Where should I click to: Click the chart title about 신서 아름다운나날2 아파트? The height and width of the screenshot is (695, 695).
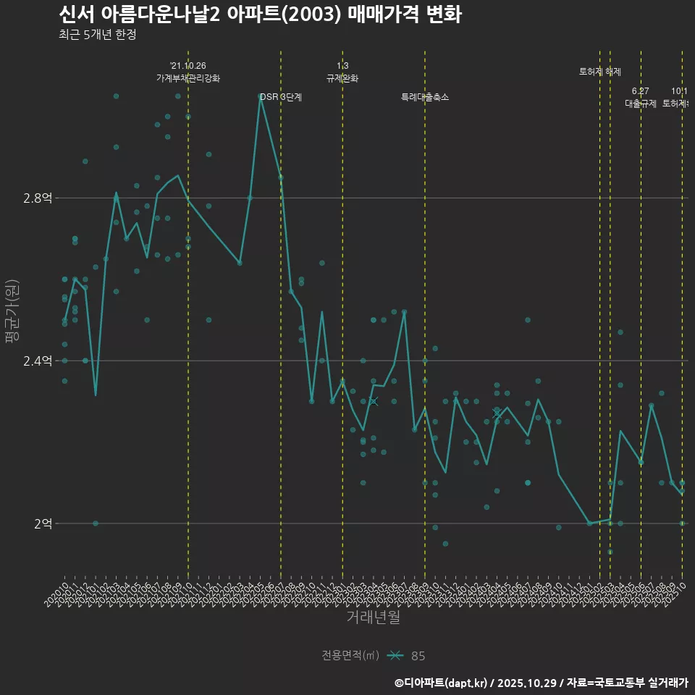click(259, 14)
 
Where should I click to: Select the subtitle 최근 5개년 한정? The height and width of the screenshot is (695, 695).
click(97, 34)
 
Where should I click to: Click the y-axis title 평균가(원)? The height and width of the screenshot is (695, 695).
click(12, 311)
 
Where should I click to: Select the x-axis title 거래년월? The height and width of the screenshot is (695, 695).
click(373, 618)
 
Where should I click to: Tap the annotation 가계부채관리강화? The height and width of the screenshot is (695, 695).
click(188, 78)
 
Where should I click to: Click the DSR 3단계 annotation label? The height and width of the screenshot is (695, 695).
click(281, 97)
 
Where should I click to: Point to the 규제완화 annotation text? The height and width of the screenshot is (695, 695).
click(342, 78)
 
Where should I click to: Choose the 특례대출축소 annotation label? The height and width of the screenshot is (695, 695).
click(425, 97)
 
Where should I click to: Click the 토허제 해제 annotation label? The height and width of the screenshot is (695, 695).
click(600, 72)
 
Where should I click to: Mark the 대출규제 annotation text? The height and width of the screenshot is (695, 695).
click(641, 104)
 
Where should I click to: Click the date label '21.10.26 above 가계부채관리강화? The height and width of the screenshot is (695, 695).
click(188, 66)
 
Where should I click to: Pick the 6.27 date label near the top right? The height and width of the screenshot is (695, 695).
click(641, 91)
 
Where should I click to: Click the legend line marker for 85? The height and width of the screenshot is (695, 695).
click(395, 656)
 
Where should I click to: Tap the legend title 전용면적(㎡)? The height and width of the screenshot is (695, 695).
click(350, 656)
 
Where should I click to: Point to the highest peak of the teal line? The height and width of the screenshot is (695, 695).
click(260, 96)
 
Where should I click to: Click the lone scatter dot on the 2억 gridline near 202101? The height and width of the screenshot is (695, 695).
click(96, 523)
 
